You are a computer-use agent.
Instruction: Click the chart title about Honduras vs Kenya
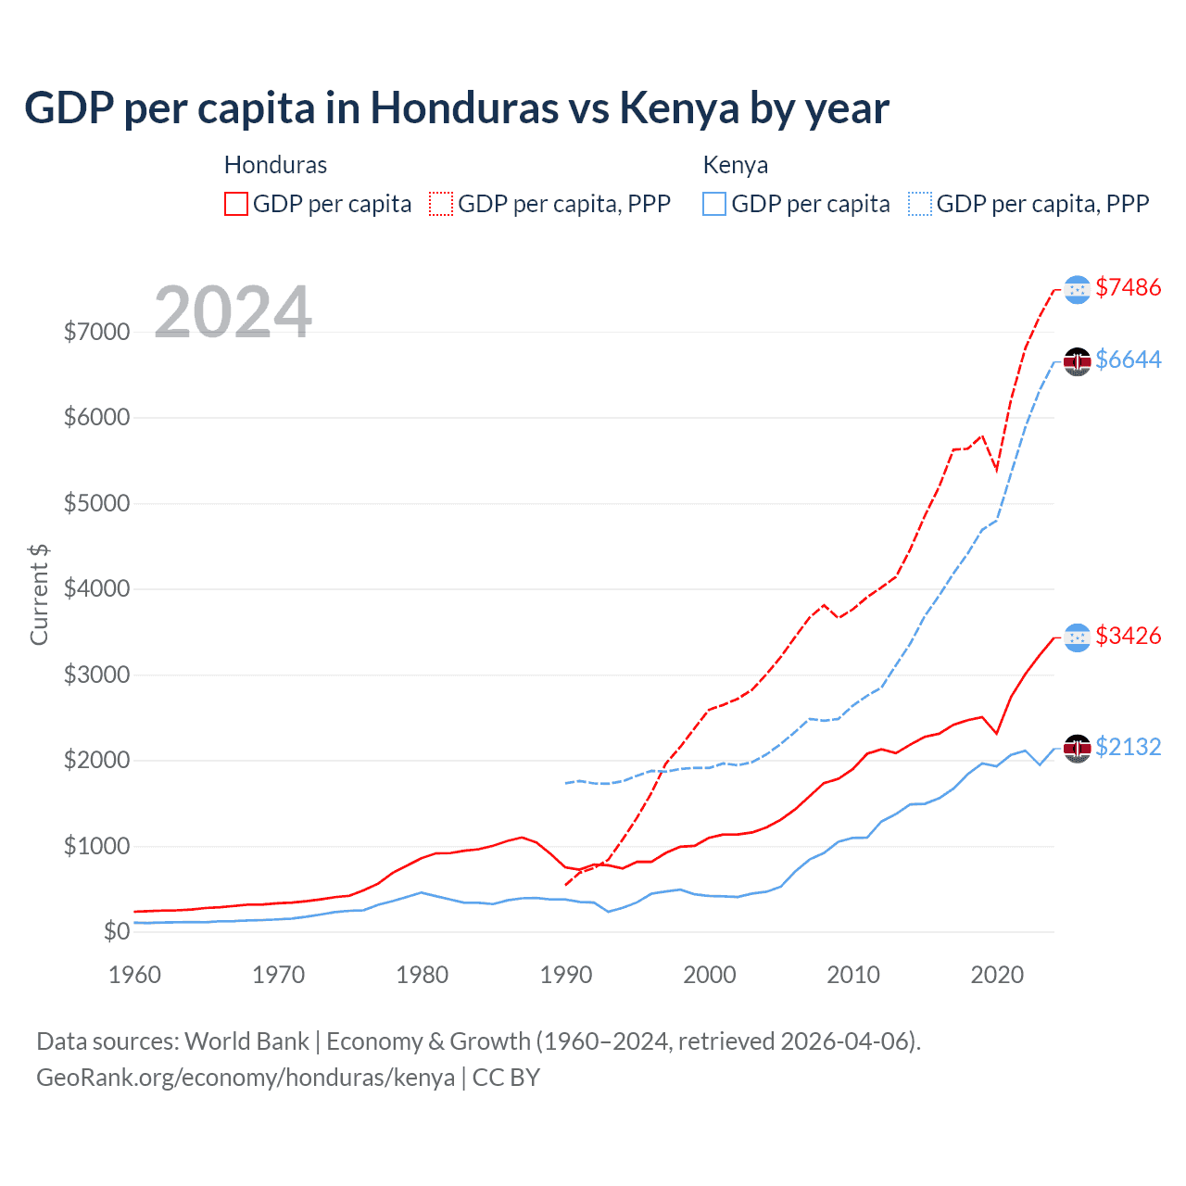pyautogui.click(x=457, y=108)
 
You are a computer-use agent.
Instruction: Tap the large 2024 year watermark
pyautogui.click(x=233, y=311)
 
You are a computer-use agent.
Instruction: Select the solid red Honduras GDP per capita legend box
pyautogui.click(x=236, y=204)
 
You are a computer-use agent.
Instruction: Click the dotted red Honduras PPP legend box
pyautogui.click(x=441, y=204)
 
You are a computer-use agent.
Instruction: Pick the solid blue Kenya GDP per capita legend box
pyautogui.click(x=714, y=204)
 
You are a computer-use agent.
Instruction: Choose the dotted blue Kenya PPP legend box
pyautogui.click(x=920, y=204)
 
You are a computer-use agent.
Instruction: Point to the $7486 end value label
pyautogui.click(x=1128, y=287)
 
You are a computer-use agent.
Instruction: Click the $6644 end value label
pyautogui.click(x=1128, y=360)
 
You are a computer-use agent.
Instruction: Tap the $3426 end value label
pyautogui.click(x=1128, y=636)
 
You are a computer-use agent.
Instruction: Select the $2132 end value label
pyautogui.click(x=1128, y=747)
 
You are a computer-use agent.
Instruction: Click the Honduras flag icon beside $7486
pyautogui.click(x=1077, y=289)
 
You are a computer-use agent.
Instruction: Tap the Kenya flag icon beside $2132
pyautogui.click(x=1077, y=748)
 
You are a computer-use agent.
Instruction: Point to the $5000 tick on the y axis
pyautogui.click(x=96, y=503)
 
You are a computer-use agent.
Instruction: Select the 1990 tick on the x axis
pyautogui.click(x=565, y=975)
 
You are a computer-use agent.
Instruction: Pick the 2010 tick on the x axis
pyautogui.click(x=852, y=975)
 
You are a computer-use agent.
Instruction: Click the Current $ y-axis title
pyautogui.click(x=39, y=595)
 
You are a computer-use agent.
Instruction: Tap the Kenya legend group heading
pyautogui.click(x=736, y=165)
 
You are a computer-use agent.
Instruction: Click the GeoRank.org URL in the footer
pyautogui.click(x=246, y=1078)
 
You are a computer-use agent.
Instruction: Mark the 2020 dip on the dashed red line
pyautogui.click(x=997, y=471)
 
